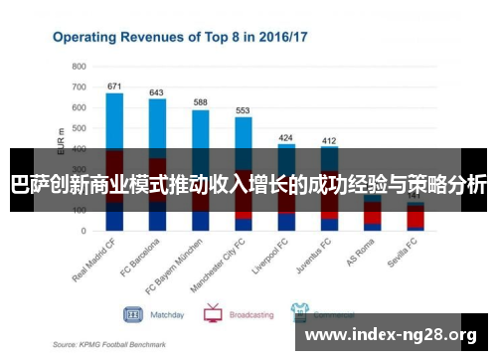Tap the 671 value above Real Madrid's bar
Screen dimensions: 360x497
pyautogui.click(x=114, y=87)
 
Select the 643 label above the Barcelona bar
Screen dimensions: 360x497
pyautogui.click(x=157, y=92)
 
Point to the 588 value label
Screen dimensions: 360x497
pyautogui.click(x=200, y=102)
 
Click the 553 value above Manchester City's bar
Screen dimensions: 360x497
pyautogui.click(x=243, y=110)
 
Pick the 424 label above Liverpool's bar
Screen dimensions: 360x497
pyautogui.click(x=286, y=137)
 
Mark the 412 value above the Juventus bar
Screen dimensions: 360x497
pyautogui.click(x=329, y=140)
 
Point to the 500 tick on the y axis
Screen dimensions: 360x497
pyautogui.click(x=80, y=128)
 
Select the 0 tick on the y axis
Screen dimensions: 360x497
pyautogui.click(x=83, y=231)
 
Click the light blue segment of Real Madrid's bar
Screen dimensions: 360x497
pyautogui.click(x=114, y=119)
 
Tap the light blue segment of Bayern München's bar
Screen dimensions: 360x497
pyautogui.click(x=200, y=129)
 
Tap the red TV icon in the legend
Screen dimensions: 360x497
pyautogui.click(x=213, y=314)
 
